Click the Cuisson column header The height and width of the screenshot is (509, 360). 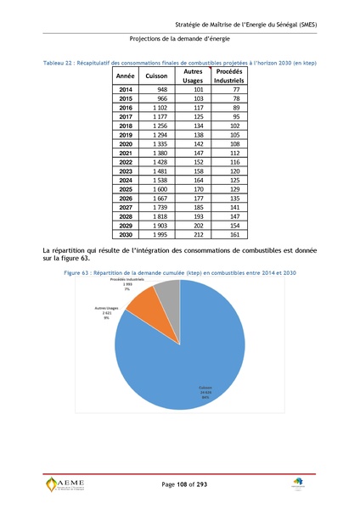(x=156, y=76)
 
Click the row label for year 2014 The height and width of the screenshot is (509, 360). (x=126, y=89)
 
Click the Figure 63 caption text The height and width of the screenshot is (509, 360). (x=183, y=273)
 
